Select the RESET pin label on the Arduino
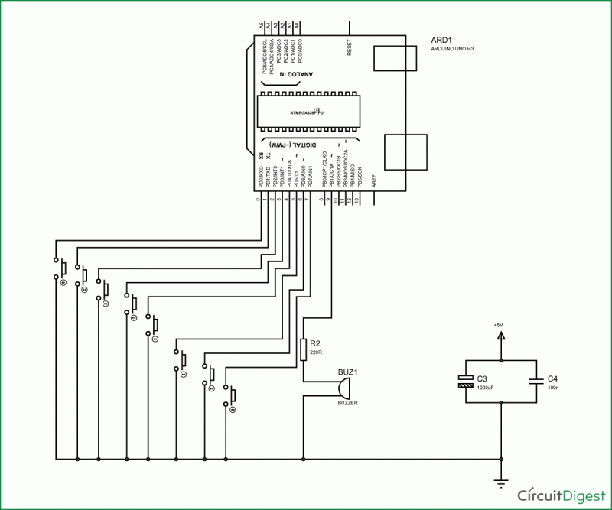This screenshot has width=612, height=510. pyautogui.click(x=350, y=47)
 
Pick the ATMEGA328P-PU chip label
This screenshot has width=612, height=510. pyautogui.click(x=306, y=112)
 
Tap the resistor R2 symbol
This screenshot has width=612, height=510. pyautogui.click(x=304, y=349)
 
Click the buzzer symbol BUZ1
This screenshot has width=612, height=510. pyautogui.click(x=342, y=388)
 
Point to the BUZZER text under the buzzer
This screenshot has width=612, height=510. pyautogui.click(x=348, y=402)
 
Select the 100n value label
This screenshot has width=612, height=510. pyautogui.click(x=554, y=388)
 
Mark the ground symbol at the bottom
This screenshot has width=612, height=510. pyautogui.click(x=501, y=482)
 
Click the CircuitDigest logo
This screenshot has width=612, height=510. pyautogui.click(x=560, y=493)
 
